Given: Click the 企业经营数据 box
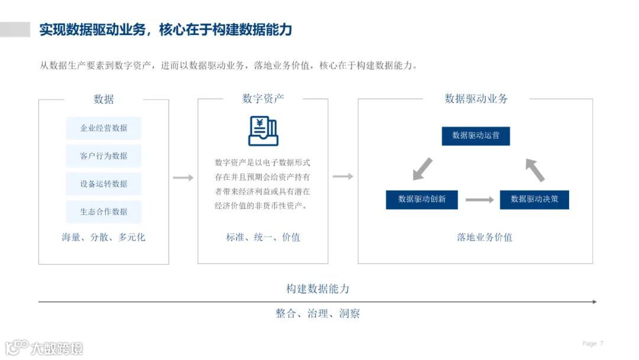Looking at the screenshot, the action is tap(104, 128).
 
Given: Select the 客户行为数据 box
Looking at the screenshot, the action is tap(104, 156).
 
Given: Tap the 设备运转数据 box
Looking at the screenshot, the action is tap(104, 184).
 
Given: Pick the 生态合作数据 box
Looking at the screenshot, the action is tap(104, 211).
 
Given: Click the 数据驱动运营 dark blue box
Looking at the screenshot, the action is tap(476, 136).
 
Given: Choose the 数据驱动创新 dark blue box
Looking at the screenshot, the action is tap(422, 199).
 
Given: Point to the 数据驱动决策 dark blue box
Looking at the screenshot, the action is tap(534, 199).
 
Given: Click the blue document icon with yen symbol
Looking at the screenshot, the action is tap(263, 131).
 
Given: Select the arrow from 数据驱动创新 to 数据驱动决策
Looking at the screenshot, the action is tap(479, 200).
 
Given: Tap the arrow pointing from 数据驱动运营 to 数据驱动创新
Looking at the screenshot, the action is tap(422, 169).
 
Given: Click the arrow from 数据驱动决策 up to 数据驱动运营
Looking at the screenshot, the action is tap(535, 169).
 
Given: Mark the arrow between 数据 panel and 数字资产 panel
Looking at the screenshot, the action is tap(183, 178).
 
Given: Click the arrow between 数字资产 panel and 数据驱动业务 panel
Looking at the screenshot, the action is tap(343, 176).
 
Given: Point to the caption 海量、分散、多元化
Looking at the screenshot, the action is tap(104, 237).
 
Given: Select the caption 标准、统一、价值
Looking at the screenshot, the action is tap(263, 237).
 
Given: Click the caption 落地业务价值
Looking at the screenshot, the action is tap(485, 237).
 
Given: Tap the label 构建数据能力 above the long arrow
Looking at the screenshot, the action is tap(318, 289).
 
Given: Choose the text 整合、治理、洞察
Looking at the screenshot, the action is tap(318, 314).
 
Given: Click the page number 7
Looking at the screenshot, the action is tap(602, 343).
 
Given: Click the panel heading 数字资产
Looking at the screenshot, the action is tap(263, 99).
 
